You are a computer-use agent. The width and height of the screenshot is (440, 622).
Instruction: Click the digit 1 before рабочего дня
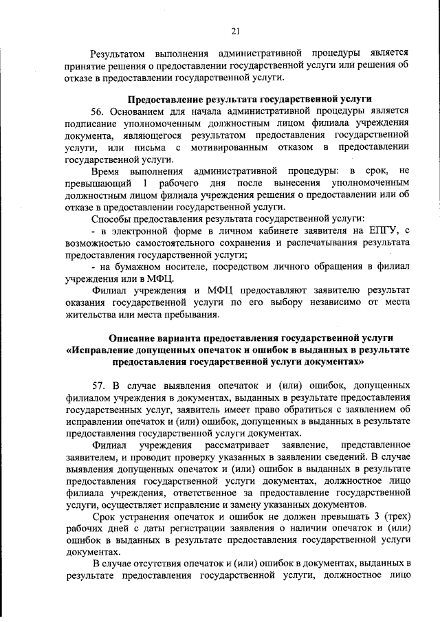pos(145,183)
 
